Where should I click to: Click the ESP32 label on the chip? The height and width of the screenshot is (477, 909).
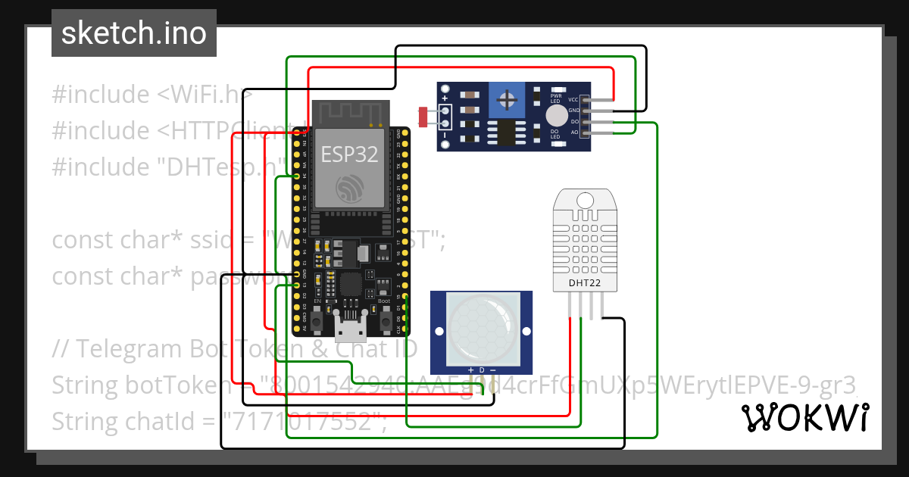click(349, 154)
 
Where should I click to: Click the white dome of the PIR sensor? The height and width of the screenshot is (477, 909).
click(481, 327)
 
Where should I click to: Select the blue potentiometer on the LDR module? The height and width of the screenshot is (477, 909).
click(505, 100)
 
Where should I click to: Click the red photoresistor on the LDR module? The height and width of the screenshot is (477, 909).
click(422, 116)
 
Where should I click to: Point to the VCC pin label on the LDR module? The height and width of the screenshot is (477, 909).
click(573, 100)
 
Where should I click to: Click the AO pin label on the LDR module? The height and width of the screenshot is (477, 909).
click(574, 132)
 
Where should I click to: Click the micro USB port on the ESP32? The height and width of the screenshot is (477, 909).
click(351, 328)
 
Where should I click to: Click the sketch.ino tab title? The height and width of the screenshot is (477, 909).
click(134, 33)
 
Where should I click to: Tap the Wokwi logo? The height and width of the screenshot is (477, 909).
click(804, 417)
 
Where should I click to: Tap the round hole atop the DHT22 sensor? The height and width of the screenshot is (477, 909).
click(585, 200)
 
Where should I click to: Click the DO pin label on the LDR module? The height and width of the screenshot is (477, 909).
click(574, 122)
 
